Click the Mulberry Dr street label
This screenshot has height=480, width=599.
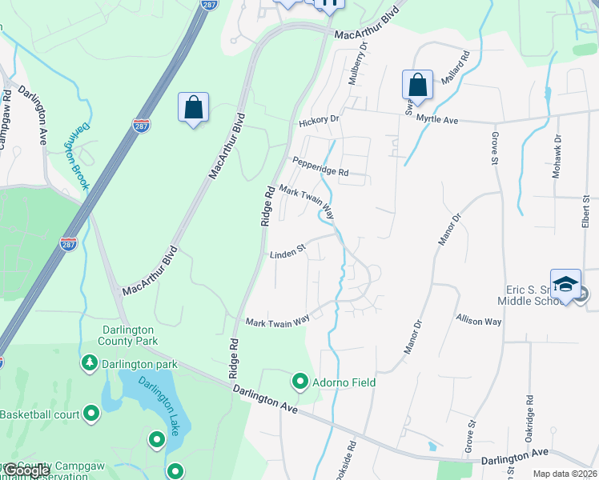point(356,63)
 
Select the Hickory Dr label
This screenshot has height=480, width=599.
point(319,121)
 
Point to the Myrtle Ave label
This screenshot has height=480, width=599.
point(436,120)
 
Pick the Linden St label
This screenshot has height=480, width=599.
point(288,253)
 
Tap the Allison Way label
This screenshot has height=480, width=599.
point(478,321)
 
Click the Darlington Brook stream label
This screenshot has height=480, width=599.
point(77,156)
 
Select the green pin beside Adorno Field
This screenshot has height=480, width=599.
point(300,382)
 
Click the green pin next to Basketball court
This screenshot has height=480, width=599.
point(91,414)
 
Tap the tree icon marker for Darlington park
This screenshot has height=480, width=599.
point(89,364)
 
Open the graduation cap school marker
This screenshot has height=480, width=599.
point(565,285)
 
